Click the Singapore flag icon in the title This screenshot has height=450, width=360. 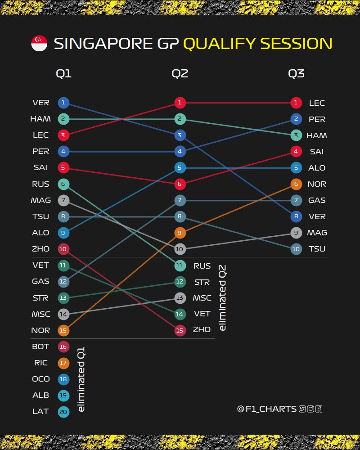[x=39, y=44]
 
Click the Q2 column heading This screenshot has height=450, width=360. [x=180, y=74]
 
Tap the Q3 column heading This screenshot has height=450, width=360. [x=296, y=74]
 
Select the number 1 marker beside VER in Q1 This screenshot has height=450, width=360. [x=63, y=103]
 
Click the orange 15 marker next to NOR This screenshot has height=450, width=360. [x=63, y=330]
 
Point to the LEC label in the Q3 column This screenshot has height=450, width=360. [x=317, y=103]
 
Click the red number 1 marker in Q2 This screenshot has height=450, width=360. [x=180, y=103]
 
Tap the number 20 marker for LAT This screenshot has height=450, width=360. [x=63, y=411]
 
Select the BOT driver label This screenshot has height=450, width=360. [x=41, y=346]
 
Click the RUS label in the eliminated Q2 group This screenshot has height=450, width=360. [x=202, y=266]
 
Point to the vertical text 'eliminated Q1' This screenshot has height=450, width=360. [x=81, y=379]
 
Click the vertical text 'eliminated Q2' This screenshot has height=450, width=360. [x=222, y=298]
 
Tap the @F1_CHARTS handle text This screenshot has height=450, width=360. [x=266, y=409]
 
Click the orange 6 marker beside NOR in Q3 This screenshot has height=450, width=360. [x=296, y=184]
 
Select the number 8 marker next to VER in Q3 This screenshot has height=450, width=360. [x=296, y=216]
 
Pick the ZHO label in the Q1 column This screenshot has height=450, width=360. [x=41, y=249]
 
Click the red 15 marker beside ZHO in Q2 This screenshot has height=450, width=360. [x=180, y=330]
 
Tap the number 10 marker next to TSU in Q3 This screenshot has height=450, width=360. [x=296, y=249]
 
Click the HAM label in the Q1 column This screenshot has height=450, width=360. [x=40, y=119]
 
